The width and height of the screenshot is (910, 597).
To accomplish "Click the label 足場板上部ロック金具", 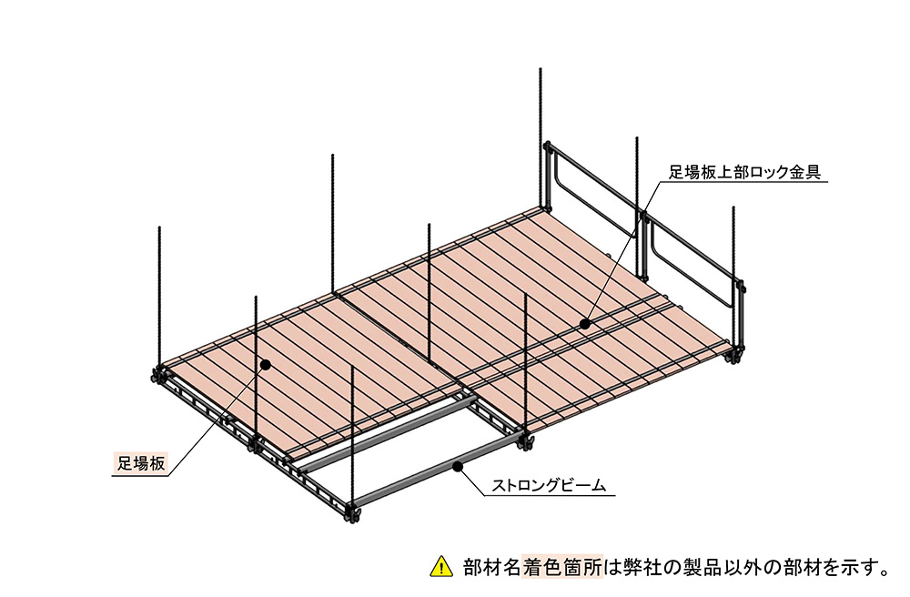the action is point(744,172).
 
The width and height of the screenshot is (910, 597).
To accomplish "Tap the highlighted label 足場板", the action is point(142,462).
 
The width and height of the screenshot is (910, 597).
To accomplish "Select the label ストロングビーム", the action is point(549,484).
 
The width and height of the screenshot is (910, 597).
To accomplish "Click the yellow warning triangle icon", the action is point(441,567).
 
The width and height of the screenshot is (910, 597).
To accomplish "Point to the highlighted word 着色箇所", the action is point(562,567).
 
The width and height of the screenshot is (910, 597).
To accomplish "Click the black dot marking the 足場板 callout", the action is point(265,364).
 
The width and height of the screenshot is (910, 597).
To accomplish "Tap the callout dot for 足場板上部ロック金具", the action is point(585,324).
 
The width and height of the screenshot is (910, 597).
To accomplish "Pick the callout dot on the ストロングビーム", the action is point(458,465).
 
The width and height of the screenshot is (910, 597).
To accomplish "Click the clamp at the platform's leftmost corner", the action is point(157,375).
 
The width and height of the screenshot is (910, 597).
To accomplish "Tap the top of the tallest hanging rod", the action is point(541,69).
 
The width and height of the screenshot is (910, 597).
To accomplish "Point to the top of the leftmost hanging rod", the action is point(159,228).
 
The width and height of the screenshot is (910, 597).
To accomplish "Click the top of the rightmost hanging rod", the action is point(733,207).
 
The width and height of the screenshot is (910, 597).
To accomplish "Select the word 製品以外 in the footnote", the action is point(719,567).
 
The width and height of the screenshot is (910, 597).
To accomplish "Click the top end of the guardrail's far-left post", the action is point(547,143).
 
